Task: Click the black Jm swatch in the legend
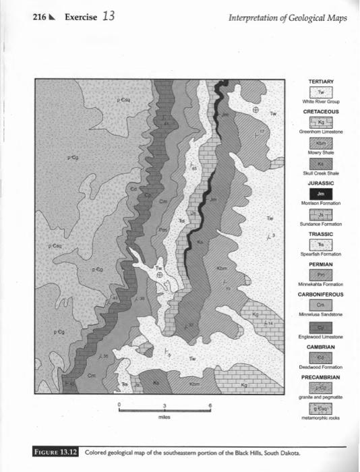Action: (x=321, y=194)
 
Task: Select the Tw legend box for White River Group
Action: (x=321, y=91)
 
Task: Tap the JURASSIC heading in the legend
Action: (x=321, y=183)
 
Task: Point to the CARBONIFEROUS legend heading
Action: (x=321, y=294)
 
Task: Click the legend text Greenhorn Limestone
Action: (x=321, y=132)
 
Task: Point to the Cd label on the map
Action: (x=133, y=188)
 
